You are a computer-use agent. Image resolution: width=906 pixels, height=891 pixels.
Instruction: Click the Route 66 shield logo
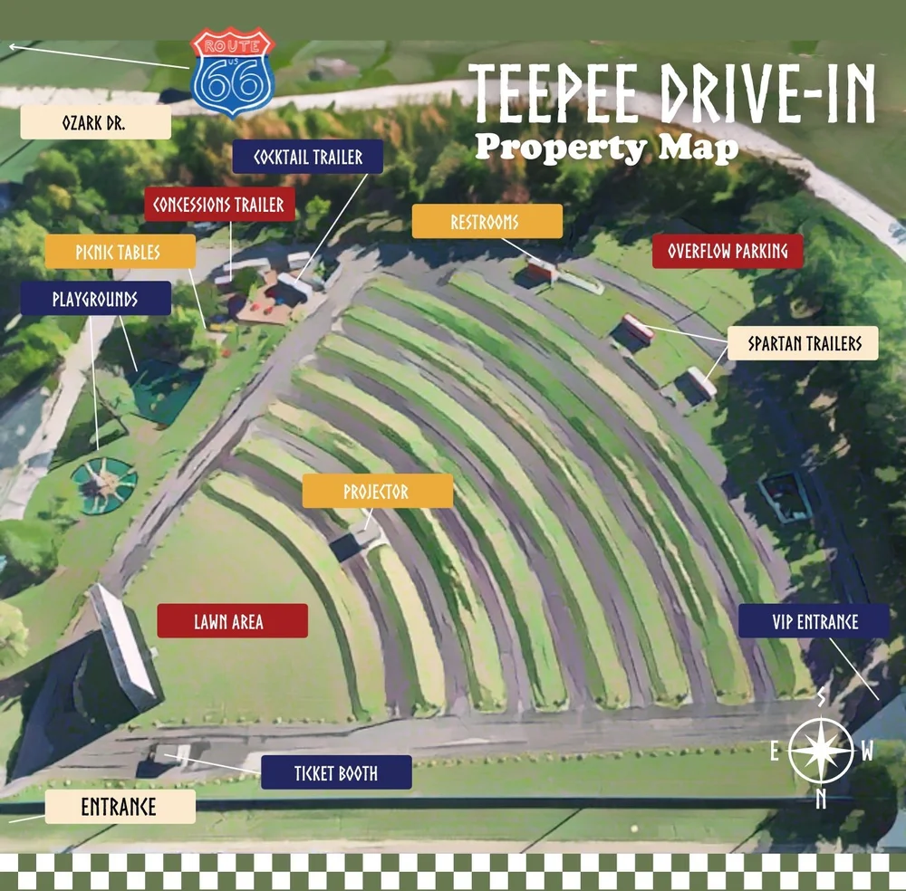coord(233,73)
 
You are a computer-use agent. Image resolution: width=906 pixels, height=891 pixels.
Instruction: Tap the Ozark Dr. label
coord(95,123)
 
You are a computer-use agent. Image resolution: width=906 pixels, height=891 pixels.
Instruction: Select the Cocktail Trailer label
coord(308,157)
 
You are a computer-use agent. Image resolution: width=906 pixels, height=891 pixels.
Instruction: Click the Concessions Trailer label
coord(218,205)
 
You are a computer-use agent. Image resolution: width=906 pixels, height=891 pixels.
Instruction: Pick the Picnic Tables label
coord(120,252)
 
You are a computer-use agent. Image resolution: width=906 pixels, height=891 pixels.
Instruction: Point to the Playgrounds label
coord(95,298)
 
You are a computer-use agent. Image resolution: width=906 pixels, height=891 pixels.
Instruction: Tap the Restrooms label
coord(487,222)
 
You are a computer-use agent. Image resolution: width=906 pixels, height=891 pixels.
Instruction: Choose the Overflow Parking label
coord(728,251)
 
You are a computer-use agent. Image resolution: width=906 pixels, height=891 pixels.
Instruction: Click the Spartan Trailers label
coord(803,343)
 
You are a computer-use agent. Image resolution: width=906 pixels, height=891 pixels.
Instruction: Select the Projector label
coord(377,492)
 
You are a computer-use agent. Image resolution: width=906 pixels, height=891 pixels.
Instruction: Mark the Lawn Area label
coord(232,621)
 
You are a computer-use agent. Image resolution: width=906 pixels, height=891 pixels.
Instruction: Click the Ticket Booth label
coord(336,772)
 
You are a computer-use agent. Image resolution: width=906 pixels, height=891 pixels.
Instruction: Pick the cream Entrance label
coord(120,806)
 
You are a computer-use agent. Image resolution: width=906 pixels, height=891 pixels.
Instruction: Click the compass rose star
coord(821,750)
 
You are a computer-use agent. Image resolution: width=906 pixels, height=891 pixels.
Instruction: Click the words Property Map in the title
coord(606,147)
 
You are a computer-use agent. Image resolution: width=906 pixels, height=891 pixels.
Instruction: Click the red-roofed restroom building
coord(540,270)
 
